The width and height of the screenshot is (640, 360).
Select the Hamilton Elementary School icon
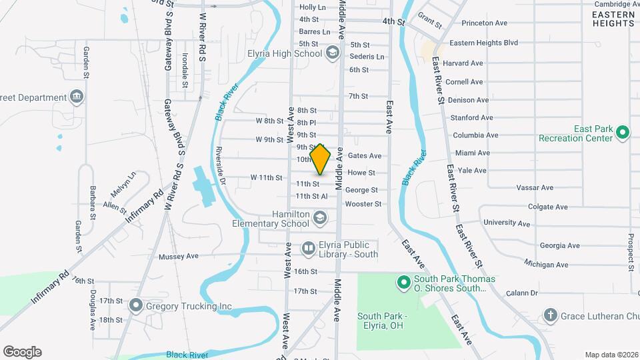pyautogui.click(x=320, y=218)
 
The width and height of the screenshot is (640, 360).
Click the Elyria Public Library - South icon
pyautogui.click(x=308, y=249)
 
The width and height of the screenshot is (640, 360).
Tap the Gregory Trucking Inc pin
pyautogui.click(x=136, y=306)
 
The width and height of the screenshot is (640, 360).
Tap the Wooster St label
pyautogui.click(x=363, y=204)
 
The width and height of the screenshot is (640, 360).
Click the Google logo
pyautogui.click(x=22, y=352)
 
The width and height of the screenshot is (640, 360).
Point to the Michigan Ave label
pyautogui.click(x=546, y=265)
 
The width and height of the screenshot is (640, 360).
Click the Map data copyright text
pyautogui.click(x=611, y=355)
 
